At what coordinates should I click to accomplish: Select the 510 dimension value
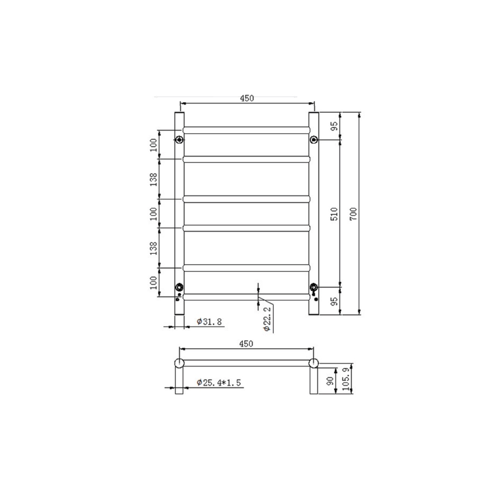(334, 213)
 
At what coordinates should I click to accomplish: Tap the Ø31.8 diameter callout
(209, 322)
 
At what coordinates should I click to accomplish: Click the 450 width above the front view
(247, 98)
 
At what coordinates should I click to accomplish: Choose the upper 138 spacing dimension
(154, 179)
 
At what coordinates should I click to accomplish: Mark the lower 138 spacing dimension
(154, 248)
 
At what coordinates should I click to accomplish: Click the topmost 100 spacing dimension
(154, 145)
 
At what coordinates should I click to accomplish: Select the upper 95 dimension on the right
(334, 126)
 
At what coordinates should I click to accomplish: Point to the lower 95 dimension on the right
(334, 301)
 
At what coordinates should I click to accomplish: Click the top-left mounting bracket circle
(180, 140)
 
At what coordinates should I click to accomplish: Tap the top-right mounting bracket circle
(314, 140)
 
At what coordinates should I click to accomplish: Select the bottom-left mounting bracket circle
(180, 287)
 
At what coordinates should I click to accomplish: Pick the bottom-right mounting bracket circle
(314, 287)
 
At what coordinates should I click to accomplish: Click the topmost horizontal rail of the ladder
(246, 130)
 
